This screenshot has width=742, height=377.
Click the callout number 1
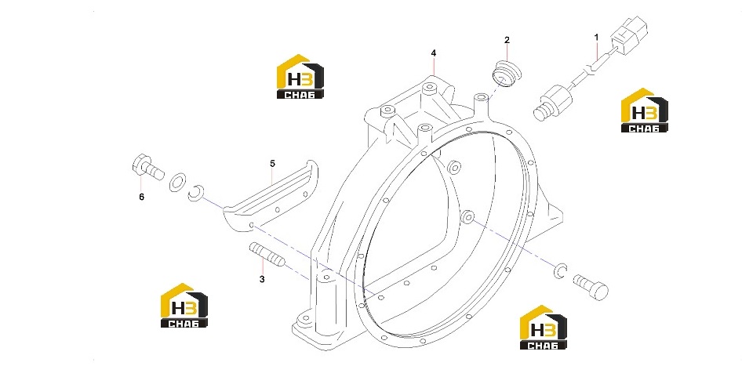596,37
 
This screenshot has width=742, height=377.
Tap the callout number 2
507,40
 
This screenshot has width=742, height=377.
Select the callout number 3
262,280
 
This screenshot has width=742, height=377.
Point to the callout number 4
434,53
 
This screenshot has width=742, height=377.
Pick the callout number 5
273,164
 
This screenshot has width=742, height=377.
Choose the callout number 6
141,197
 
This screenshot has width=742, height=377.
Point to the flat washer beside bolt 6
177,182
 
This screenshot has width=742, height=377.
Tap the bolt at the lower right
591,287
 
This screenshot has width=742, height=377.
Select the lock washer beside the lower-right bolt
560,270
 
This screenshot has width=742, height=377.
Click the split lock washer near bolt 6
195,191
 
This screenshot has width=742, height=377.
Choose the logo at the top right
645,110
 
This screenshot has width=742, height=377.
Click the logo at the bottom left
184,306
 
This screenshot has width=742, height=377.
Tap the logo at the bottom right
544,328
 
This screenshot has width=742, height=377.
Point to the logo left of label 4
300,77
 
